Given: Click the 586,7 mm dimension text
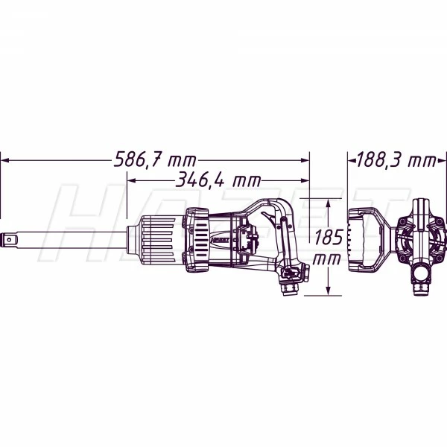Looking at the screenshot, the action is point(155,159).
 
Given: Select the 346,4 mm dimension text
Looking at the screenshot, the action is point(218,180).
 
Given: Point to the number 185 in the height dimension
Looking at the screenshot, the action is point(329,238).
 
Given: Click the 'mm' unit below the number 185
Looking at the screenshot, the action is point(327,259).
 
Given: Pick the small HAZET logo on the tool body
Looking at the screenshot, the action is point(221,240).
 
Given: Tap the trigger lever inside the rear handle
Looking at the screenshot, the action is point(269,218).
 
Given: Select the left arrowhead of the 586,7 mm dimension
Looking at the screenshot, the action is point(5,160).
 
